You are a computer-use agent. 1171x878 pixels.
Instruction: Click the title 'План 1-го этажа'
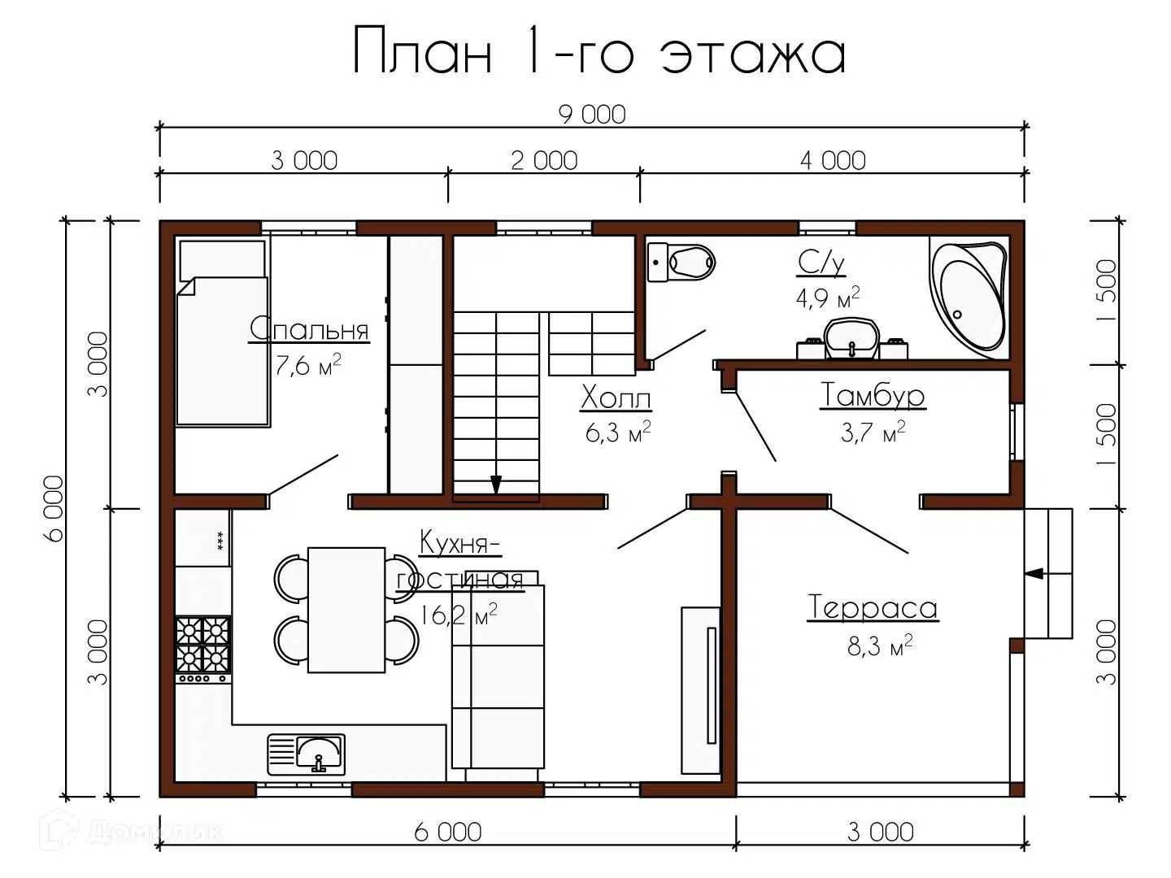(599, 51)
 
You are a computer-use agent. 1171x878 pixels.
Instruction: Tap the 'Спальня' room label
(309, 329)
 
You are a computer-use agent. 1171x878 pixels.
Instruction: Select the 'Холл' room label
(616, 398)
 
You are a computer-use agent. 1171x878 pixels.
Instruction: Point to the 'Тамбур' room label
(872, 395)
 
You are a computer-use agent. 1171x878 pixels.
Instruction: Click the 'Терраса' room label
(873, 608)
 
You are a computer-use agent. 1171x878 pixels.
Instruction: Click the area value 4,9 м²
(827, 298)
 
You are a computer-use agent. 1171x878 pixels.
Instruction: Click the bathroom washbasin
(851, 338)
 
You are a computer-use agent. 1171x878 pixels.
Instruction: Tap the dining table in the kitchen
(346, 610)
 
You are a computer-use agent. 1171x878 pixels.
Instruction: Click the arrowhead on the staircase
(496, 485)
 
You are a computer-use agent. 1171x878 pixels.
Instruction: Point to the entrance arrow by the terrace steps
(1034, 573)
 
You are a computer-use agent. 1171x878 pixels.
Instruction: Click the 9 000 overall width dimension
(592, 115)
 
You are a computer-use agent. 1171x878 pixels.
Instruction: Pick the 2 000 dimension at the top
(544, 161)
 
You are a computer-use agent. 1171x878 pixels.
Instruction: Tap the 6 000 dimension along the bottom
(448, 832)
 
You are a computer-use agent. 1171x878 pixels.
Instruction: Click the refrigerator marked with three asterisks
(203, 537)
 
